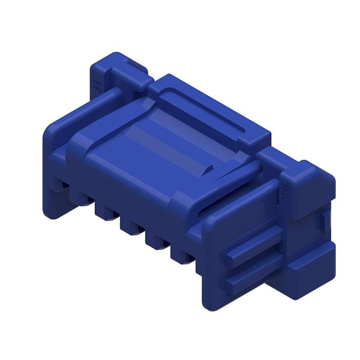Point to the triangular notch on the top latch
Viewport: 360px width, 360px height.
(x=209, y=168)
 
